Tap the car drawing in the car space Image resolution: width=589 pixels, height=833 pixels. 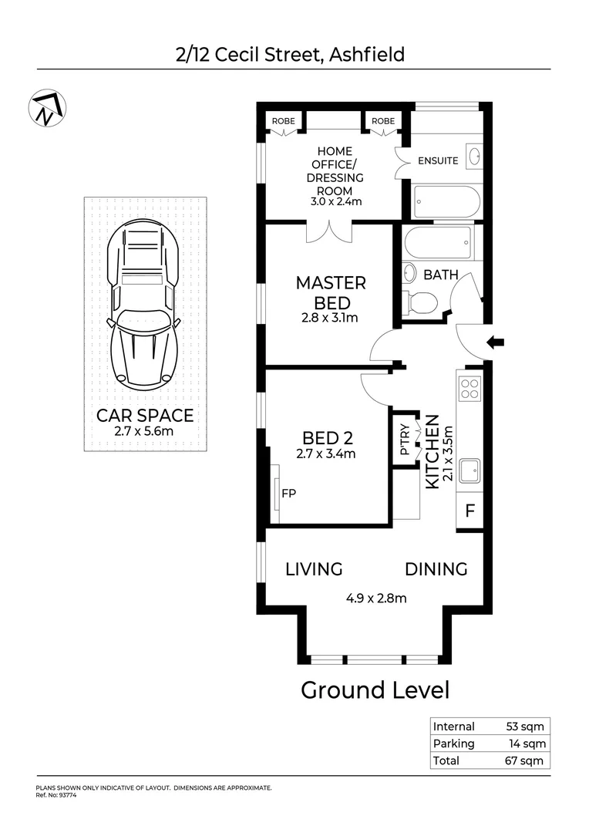coord(145,305)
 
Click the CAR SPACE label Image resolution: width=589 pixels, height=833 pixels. coord(145,416)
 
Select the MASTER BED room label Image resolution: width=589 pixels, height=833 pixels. coord(331,292)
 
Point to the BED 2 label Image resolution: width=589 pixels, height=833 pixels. coord(327,438)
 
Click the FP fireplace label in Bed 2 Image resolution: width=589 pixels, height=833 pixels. coord(289,493)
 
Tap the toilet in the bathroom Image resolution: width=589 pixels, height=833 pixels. coord(420,303)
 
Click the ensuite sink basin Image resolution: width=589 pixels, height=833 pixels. coord(474,155)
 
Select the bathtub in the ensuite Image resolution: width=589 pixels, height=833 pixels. coord(447,202)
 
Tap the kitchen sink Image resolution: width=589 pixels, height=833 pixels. coord(469,470)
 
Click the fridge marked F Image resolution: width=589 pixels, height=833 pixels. coord(469,511)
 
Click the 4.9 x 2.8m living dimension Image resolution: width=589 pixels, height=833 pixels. coord(375,597)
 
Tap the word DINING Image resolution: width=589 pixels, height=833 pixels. coord(436,569)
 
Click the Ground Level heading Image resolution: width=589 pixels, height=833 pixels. coord(375,690)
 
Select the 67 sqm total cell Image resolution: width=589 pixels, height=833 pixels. coord(529,760)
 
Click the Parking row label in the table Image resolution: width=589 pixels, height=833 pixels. coord(454,744)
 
